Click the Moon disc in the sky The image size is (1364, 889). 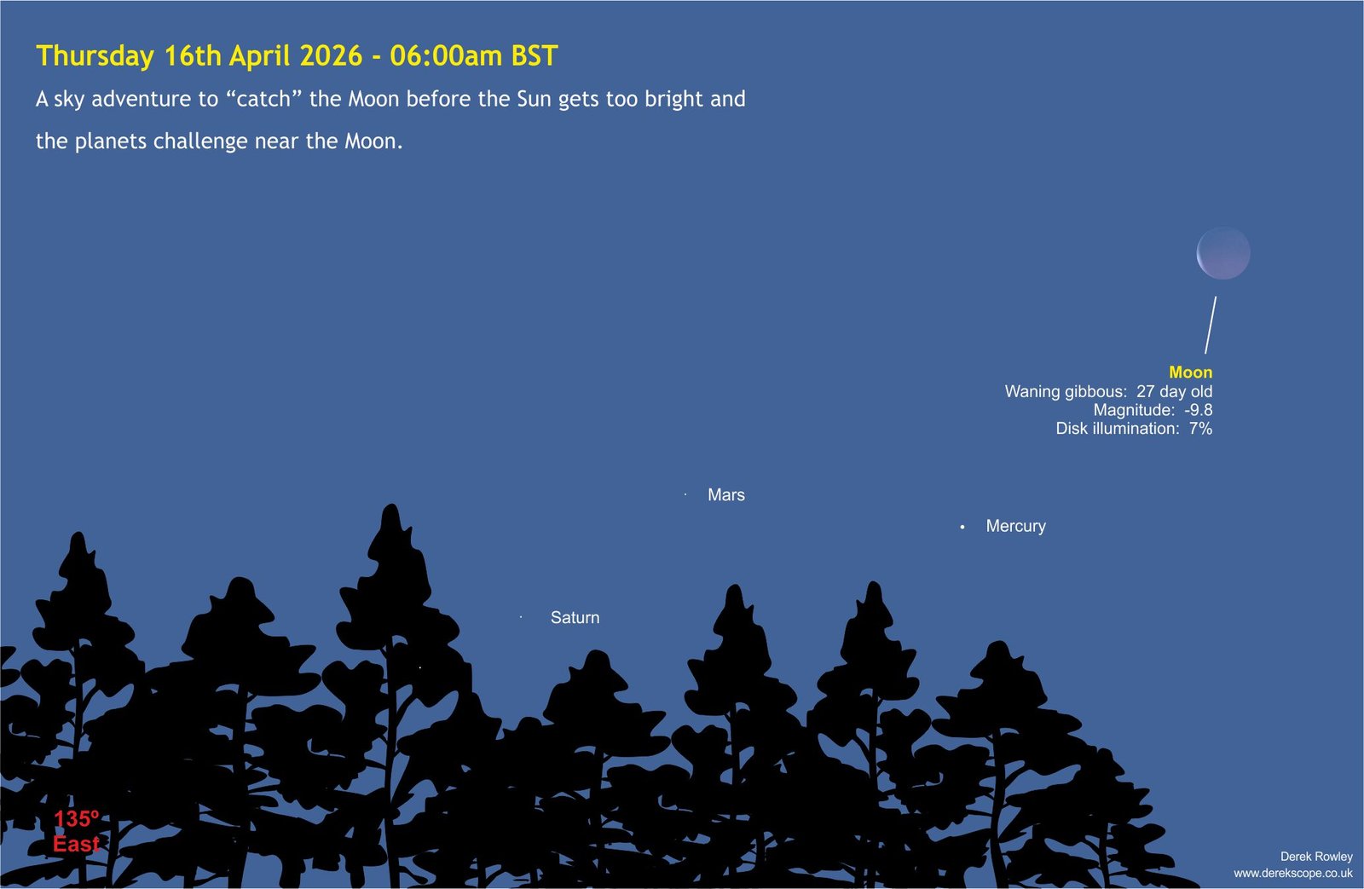click(1223, 253)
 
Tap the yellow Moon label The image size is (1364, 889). click(1190, 372)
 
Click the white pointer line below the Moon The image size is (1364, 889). click(1211, 325)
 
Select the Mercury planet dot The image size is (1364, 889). click(962, 527)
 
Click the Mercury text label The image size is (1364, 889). click(1015, 526)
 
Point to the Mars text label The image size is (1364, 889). click(725, 494)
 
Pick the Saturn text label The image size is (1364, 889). click(575, 617)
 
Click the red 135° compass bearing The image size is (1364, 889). click(76, 819)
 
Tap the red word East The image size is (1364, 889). click(76, 844)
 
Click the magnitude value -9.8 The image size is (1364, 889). click(1199, 410)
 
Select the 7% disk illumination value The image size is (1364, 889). click(1201, 429)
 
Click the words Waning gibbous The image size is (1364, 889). click(1065, 391)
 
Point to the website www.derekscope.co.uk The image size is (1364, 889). click(1293, 873)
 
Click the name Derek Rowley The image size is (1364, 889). click(1316, 856)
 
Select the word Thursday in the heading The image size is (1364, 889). click(95, 56)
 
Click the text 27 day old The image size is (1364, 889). click(1175, 391)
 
